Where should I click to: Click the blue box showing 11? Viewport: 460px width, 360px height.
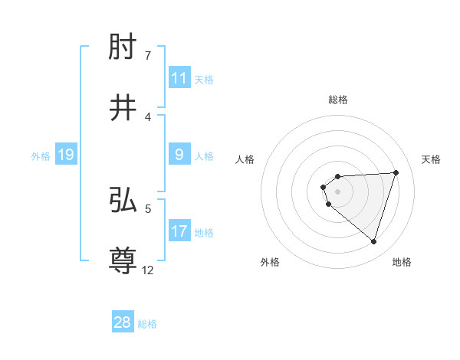click(179, 77)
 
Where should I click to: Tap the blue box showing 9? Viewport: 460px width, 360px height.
click(179, 155)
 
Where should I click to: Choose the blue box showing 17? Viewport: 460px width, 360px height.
click(179, 231)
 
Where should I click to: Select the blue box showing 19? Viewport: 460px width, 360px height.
click(66, 155)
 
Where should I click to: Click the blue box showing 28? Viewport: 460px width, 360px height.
click(123, 322)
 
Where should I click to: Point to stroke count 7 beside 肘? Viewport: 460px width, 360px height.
click(148, 56)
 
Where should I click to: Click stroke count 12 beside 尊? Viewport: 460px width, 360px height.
click(149, 270)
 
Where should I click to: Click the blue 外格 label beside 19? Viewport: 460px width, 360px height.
click(41, 155)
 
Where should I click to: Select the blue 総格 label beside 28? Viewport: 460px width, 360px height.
click(147, 323)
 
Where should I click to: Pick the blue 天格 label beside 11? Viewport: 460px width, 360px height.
click(204, 79)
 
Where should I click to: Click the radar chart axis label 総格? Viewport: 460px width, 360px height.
click(337, 100)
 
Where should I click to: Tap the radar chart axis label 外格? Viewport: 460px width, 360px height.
click(270, 262)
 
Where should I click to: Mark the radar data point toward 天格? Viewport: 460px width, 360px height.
click(396, 172)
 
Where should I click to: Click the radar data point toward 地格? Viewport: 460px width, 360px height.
click(373, 242)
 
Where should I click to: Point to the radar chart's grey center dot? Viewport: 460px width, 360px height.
click(337, 191)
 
